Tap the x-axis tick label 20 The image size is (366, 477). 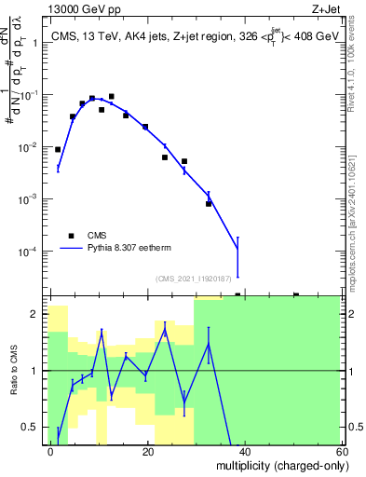147,451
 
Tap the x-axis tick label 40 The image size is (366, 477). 244,451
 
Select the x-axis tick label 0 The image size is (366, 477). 51,451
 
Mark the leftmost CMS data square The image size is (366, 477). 58,149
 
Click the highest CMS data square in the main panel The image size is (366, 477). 111,96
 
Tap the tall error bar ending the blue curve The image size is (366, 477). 237,256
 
